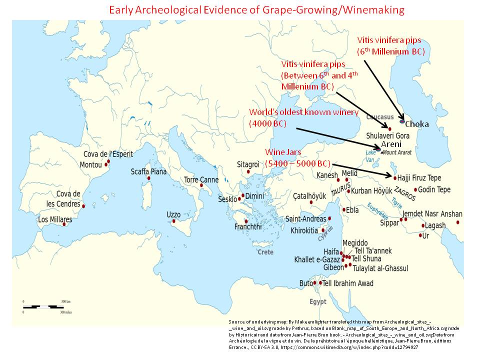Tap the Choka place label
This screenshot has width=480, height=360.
point(416,124)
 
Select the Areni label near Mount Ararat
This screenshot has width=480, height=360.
point(391,144)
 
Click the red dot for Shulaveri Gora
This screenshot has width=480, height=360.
point(390,129)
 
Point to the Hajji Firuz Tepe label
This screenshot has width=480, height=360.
point(419,177)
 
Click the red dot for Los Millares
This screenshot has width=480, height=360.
point(64,224)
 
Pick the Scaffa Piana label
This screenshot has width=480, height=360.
point(148,171)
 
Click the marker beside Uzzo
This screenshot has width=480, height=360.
point(173,221)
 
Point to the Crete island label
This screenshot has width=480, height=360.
point(265,252)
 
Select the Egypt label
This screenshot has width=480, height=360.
point(317,301)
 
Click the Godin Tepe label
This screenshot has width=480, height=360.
point(434,189)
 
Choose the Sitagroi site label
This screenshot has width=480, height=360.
point(248,164)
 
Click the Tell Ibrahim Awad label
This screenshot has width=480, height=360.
point(348,283)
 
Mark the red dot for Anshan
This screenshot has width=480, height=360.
point(458,222)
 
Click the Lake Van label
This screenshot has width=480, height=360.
point(370,156)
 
